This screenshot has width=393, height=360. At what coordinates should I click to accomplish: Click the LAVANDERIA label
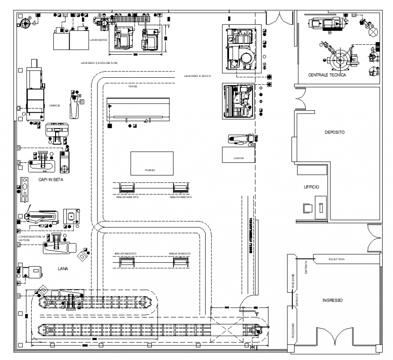(98, 40)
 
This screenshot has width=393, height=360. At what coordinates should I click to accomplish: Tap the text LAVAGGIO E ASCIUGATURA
(99, 63)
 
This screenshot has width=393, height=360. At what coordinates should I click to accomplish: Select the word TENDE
(132, 86)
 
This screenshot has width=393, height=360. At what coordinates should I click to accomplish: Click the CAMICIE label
(55, 105)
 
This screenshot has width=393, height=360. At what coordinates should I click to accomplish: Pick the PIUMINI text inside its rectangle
(150, 170)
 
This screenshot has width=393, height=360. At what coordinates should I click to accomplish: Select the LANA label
(63, 268)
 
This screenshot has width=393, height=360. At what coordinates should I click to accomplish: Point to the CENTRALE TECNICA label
(327, 75)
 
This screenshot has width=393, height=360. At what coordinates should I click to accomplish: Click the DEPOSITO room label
(335, 133)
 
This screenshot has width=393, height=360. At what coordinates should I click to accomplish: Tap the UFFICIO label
(311, 186)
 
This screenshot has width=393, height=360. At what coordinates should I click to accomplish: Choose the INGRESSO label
(332, 300)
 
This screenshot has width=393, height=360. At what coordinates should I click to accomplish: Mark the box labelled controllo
(239, 155)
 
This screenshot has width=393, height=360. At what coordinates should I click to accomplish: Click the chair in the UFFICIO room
(308, 208)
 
